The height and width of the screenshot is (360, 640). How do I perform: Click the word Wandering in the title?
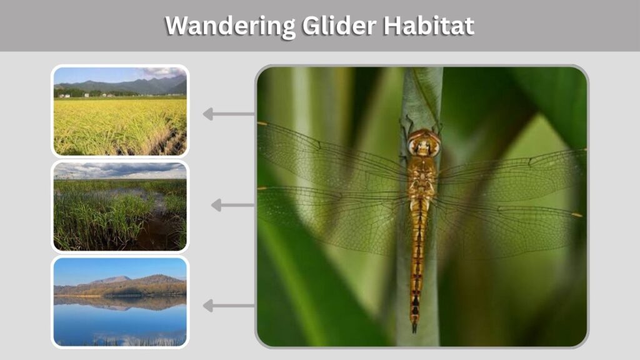pos(230,26)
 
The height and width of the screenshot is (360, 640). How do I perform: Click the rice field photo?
pos(120,111)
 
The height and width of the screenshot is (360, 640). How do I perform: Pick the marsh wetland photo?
pos(120,206)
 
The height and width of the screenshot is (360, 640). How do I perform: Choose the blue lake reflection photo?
pos(120,302)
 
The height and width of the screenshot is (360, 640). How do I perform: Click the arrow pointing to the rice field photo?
pos(229,114)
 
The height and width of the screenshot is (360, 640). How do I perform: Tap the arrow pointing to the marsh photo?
pos(232,205)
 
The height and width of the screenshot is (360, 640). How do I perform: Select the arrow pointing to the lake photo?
pos(229,305)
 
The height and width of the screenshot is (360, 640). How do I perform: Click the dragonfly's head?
pos(424,143)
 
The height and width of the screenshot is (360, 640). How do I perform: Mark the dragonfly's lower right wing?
pos(508,226)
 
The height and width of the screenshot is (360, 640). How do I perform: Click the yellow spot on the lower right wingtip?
pos(577,215)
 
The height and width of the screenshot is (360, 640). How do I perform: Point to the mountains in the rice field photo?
pos(122,85)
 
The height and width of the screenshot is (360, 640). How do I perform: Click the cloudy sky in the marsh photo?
pos(120,171)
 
